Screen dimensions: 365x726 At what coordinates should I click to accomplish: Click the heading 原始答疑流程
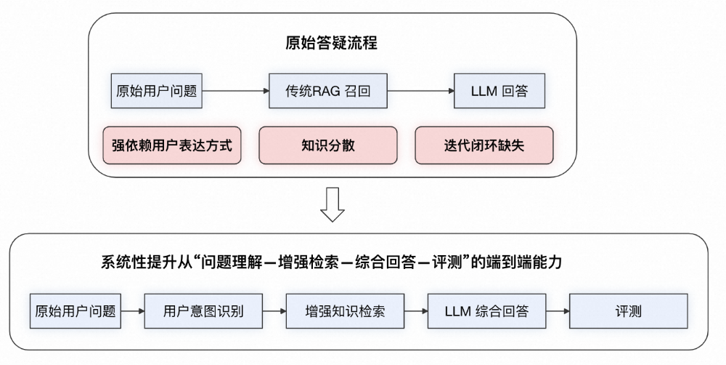coord(332,43)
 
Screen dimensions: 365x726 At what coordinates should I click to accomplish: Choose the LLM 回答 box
coord(499,92)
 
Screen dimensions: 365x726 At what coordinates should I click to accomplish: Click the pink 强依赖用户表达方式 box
coord(172,145)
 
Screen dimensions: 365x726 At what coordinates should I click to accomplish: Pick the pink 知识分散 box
coord(328,145)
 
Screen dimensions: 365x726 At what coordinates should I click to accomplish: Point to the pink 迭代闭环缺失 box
coord(484,145)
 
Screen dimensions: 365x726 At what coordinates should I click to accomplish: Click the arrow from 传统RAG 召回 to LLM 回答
coord(420,92)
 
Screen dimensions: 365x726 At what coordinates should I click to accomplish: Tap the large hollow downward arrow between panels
coord(332,205)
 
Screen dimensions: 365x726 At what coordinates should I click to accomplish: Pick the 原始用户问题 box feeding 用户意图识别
coord(76,312)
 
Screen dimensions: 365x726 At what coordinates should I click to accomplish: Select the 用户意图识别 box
coord(203,312)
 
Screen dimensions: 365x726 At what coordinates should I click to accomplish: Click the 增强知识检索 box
coord(345,312)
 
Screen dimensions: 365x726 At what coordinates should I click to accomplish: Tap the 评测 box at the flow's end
coord(628,312)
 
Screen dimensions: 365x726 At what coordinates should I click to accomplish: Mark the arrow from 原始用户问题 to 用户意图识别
coord(132,312)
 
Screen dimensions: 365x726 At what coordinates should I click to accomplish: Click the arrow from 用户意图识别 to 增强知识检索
coord(274,312)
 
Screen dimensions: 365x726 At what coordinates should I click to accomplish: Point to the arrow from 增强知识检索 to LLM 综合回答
coord(415,312)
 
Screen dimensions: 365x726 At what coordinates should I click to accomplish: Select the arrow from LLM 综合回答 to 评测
coord(557,312)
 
